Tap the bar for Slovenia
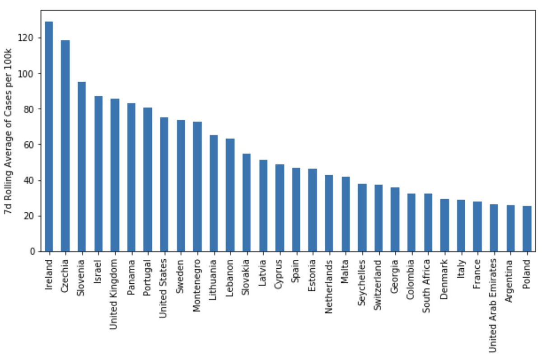(82, 167)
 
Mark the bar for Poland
(527, 229)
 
